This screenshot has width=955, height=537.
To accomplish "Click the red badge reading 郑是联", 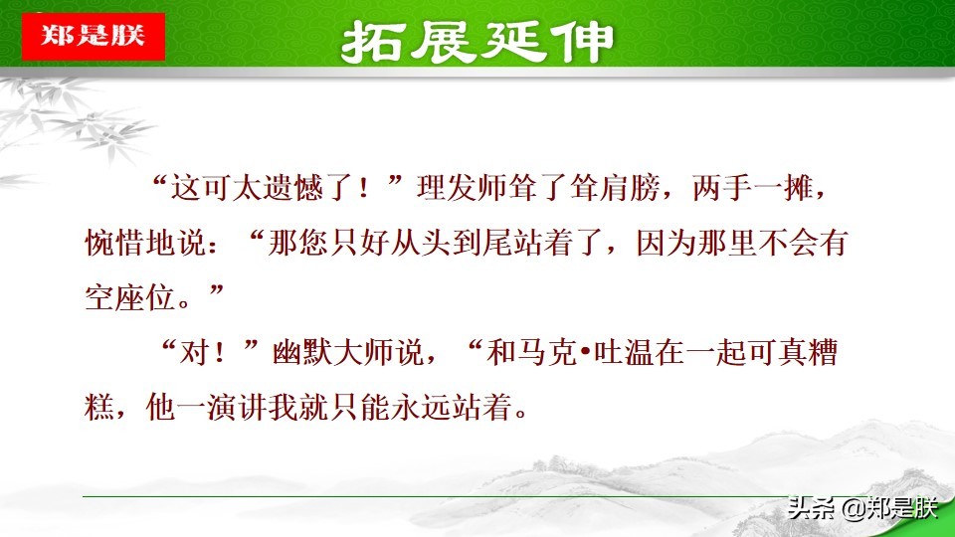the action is pos(94,37).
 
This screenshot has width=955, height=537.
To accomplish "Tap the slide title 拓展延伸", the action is pos(477,42).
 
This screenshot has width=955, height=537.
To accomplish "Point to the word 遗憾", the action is pos(292,188).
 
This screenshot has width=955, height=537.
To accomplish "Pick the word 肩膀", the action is pos(630,188).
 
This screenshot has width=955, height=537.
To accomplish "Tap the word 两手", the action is pos(722,188).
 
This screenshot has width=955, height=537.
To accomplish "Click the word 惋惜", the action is pos(115,243).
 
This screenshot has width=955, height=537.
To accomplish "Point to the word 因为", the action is pos(667,243).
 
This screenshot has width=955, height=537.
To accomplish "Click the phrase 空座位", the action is pos(131,297).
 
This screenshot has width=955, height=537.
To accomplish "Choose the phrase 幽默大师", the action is pos(333,352).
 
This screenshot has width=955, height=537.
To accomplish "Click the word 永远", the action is pos(422,408).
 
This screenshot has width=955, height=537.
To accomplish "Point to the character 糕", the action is pos(99,408).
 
